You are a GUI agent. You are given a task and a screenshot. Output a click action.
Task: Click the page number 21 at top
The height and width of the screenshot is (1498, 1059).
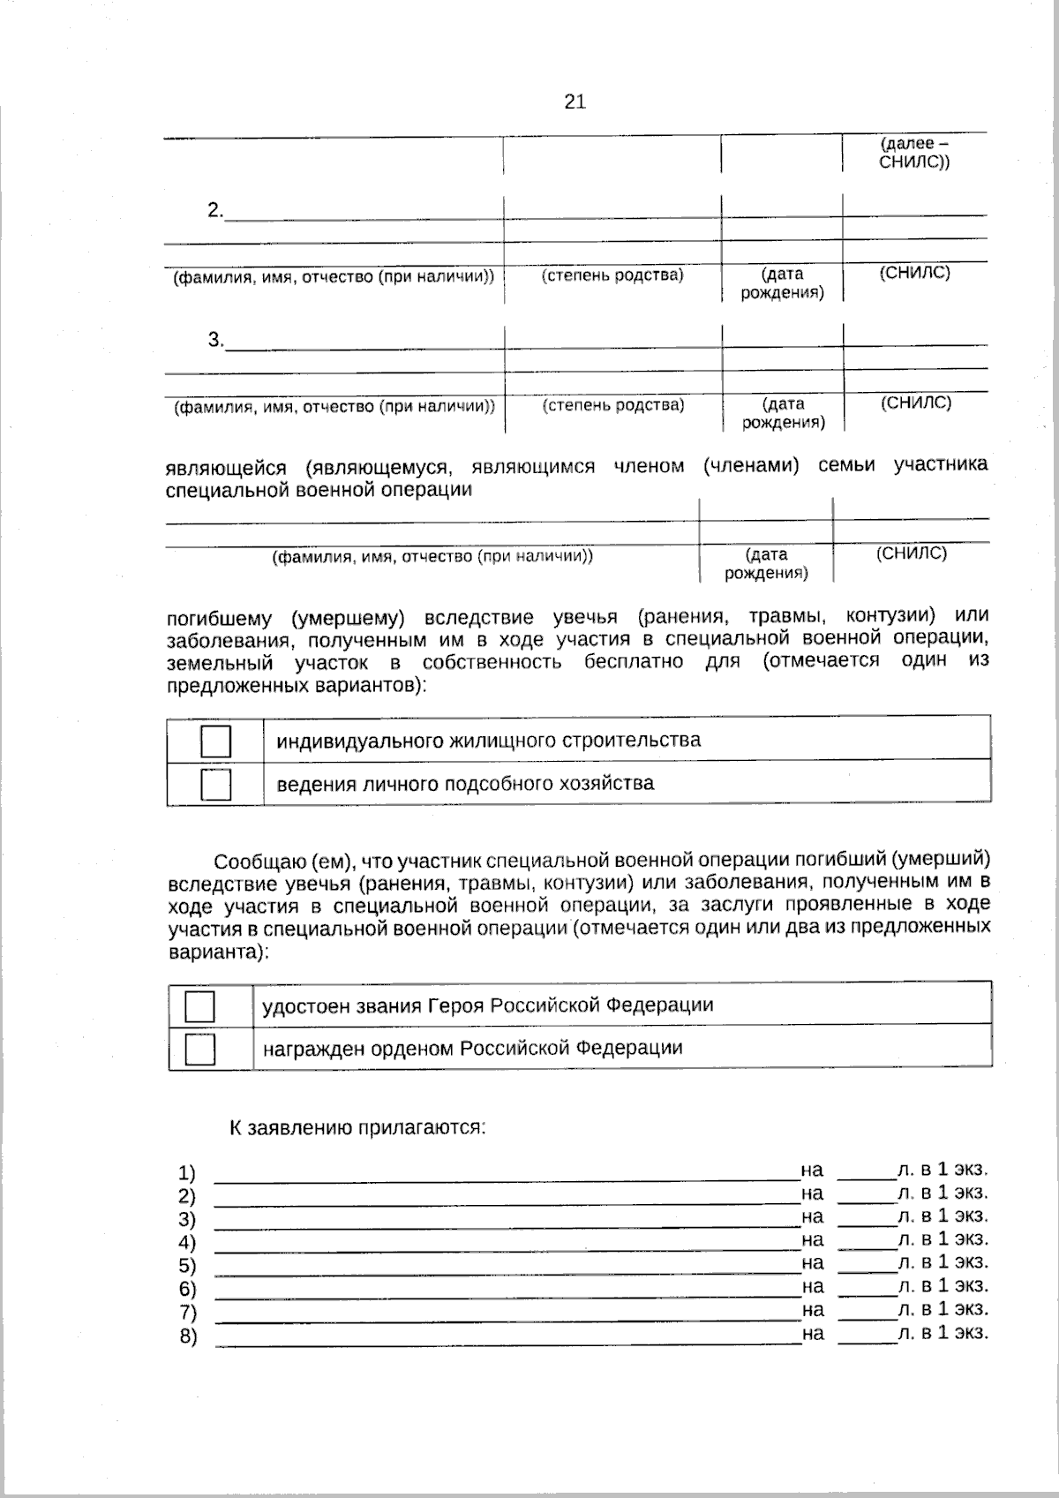click(575, 102)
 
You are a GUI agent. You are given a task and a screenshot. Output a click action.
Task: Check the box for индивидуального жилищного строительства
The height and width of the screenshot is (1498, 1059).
click(215, 741)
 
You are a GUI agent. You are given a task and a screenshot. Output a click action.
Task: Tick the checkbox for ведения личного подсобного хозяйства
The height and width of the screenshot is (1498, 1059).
click(215, 784)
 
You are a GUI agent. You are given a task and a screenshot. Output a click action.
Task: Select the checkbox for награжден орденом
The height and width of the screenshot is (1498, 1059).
click(200, 1049)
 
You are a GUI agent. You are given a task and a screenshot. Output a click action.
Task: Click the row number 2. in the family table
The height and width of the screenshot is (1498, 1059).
click(215, 211)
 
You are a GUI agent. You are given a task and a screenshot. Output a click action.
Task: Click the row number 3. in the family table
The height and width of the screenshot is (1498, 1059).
click(215, 340)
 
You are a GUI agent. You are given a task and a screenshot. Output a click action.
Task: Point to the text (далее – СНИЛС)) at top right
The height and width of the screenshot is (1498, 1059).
click(914, 153)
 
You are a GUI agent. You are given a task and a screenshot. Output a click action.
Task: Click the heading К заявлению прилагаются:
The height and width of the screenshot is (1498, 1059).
click(357, 1127)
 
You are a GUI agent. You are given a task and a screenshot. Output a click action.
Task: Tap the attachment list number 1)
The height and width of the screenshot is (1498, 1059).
click(186, 1173)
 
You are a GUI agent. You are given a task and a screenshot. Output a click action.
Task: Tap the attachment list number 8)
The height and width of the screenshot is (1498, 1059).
click(187, 1336)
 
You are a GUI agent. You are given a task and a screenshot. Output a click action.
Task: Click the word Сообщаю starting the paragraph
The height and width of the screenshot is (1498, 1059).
click(258, 861)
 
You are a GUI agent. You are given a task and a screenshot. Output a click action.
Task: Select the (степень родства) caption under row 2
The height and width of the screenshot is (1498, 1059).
click(612, 275)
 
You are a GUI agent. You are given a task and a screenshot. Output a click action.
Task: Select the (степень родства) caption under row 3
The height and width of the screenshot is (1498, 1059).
click(612, 404)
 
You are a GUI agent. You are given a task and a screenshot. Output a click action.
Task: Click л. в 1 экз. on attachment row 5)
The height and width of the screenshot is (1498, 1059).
click(942, 1262)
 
